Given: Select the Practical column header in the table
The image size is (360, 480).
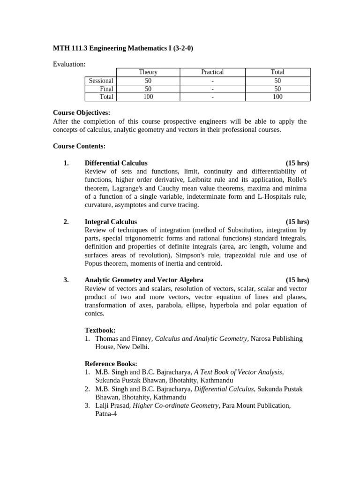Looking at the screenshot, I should [212, 72].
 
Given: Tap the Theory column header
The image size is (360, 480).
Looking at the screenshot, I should [148, 72].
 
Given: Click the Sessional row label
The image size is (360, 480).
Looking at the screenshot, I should [101, 81].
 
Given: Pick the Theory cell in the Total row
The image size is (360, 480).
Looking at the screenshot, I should [148, 97].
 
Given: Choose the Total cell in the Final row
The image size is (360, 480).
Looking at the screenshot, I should [277, 89].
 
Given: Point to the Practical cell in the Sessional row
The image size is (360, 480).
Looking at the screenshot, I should [212, 81].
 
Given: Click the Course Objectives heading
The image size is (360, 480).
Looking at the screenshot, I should [82, 113].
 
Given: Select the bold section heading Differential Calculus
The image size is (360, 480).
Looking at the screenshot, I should [116, 163].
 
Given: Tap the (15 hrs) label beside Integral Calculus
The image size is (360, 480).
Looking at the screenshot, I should [297, 222].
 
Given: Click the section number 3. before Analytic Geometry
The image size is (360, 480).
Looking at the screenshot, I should [66, 280].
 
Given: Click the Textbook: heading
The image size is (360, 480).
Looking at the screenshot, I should [100, 330].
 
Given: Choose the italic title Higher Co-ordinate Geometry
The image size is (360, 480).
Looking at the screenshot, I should [176, 406].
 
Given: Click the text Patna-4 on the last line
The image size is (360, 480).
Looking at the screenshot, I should [106, 414].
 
